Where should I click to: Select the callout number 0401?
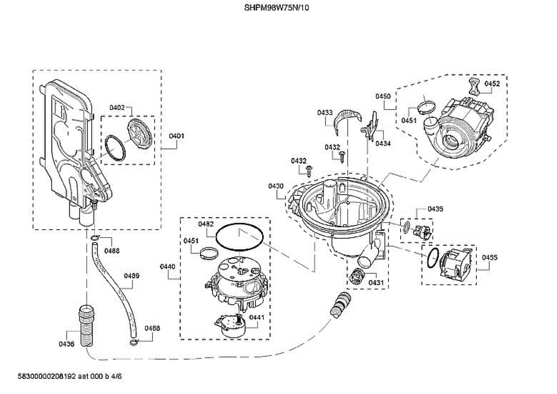(176, 136)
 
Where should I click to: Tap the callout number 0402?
(117, 108)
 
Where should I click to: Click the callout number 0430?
(276, 186)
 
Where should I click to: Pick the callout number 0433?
(325, 113)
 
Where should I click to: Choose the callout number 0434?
(383, 143)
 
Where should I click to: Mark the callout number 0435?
(435, 209)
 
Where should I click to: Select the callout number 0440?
(168, 267)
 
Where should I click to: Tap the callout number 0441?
(257, 317)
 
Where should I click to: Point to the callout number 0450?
(383, 96)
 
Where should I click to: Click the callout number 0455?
(489, 258)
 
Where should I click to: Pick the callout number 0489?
(131, 276)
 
